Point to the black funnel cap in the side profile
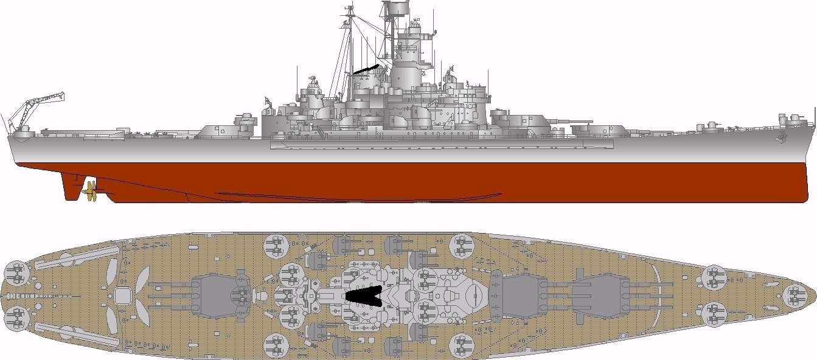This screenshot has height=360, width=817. [366, 69]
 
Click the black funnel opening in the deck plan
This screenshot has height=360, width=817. [364, 296]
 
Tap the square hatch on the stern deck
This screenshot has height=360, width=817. [122, 296]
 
